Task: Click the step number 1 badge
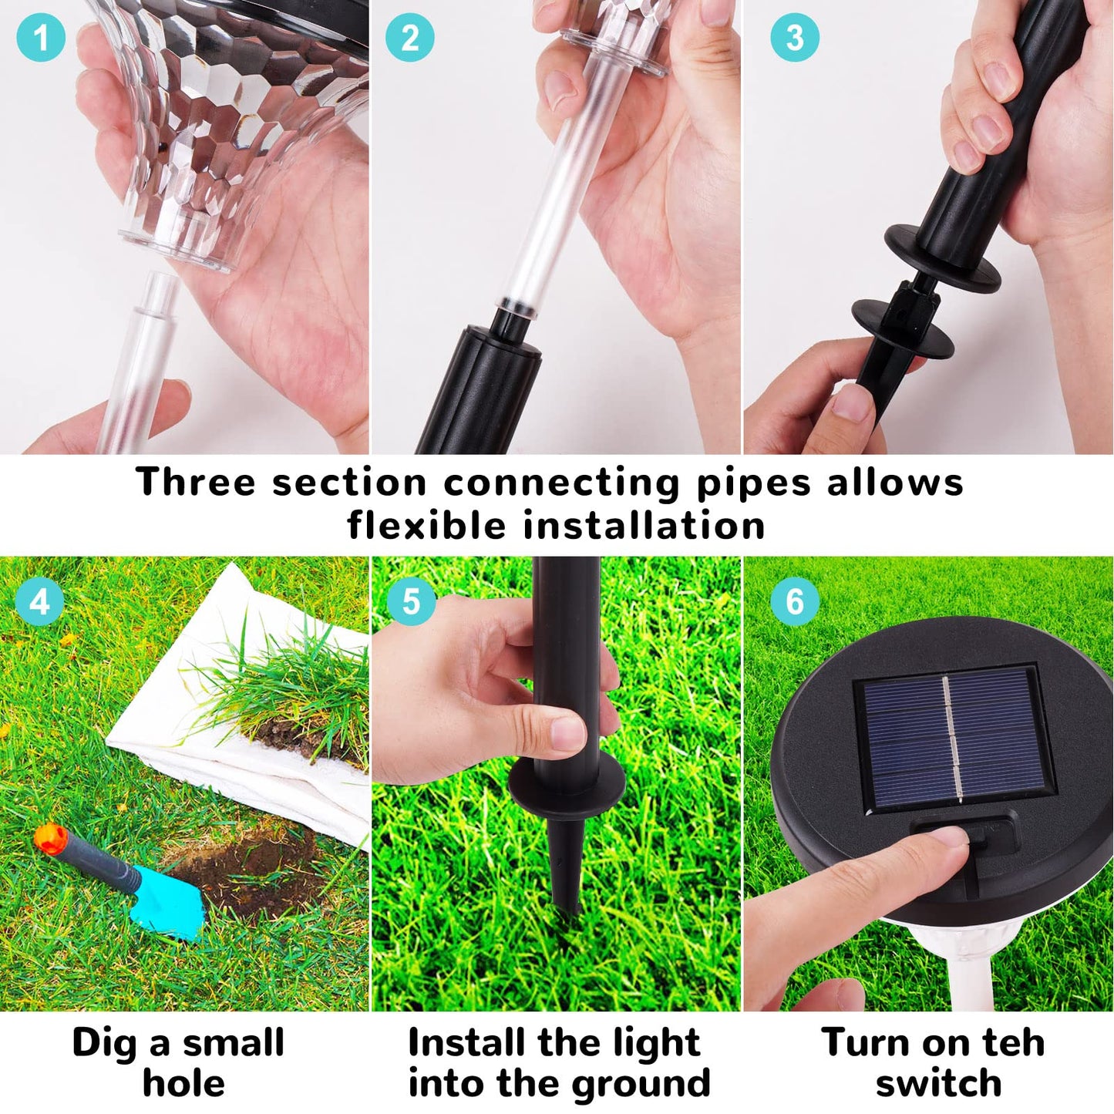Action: click(x=40, y=38)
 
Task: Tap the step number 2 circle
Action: click(x=410, y=38)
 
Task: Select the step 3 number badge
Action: click(x=795, y=38)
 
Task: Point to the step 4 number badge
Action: click(x=40, y=602)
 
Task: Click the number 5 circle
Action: click(x=411, y=602)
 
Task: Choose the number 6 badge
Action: click(x=795, y=602)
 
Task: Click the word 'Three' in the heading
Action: click(x=195, y=481)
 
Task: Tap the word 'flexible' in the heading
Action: click(x=427, y=525)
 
